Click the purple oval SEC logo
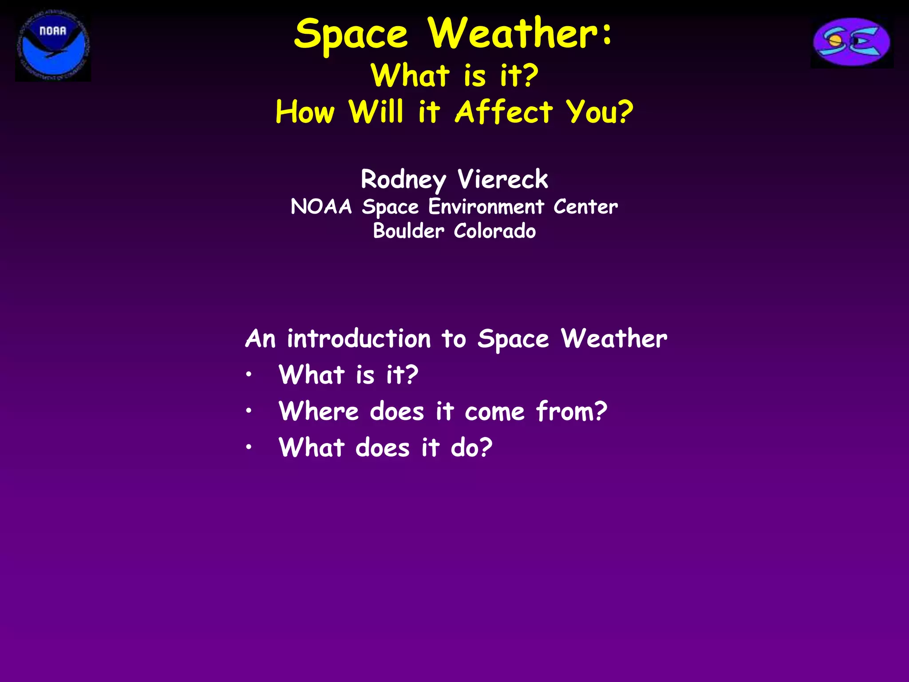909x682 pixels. pyautogui.click(x=852, y=42)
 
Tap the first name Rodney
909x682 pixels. pyautogui.click(x=403, y=180)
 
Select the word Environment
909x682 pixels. pyautogui.click(x=486, y=207)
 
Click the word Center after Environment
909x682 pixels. pyautogui.click(x=585, y=207)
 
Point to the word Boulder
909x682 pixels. pyautogui.click(x=408, y=231)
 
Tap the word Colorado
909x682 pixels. pyautogui.click(x=495, y=231)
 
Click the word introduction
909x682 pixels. pyautogui.click(x=359, y=339)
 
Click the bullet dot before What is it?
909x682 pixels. pyautogui.click(x=249, y=375)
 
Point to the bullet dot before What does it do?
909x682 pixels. pyautogui.click(x=249, y=448)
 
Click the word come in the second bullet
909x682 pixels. pyautogui.click(x=494, y=412)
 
